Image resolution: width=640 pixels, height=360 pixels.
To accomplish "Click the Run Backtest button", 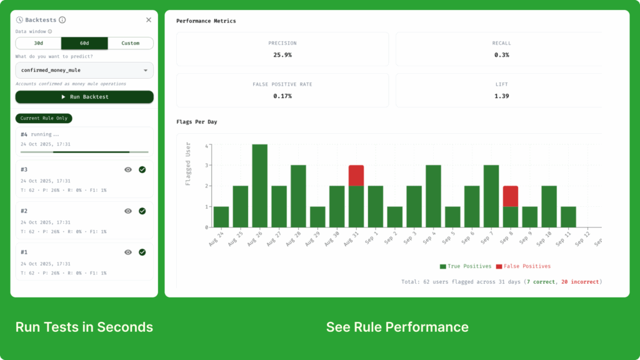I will coord(84,97).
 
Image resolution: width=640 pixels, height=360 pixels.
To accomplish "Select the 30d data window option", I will coord(38,43).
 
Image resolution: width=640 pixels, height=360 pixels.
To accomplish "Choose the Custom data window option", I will coord(131,43).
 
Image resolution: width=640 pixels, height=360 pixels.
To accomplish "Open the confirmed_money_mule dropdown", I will coord(84,70).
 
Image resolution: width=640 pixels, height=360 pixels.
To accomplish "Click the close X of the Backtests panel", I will coord(149,20).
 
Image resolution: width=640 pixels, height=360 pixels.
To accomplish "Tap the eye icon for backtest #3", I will coord(128,169).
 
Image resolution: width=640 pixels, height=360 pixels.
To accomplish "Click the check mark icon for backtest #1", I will coord(142,252).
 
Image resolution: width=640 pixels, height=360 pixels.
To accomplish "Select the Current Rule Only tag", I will coord(44,118).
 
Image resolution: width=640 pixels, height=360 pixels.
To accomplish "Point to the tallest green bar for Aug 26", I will coord(260,186).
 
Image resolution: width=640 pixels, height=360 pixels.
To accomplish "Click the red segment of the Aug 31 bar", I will coord(356,175).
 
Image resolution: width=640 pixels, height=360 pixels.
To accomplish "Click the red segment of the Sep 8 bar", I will coord(511,196).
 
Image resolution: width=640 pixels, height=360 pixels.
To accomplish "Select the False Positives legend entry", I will coord(523,266).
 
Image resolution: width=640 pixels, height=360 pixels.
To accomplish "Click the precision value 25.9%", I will coord(282,55).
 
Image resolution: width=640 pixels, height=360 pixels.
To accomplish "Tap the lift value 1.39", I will coord(501,96).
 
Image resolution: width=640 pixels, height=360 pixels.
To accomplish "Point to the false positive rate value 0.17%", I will coord(282,96).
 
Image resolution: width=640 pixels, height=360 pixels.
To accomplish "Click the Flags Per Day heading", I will coord(197,121).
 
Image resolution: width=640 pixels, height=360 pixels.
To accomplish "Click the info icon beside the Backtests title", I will coord(62,20).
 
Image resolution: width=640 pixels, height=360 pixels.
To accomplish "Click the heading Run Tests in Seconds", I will coord(84,327).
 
